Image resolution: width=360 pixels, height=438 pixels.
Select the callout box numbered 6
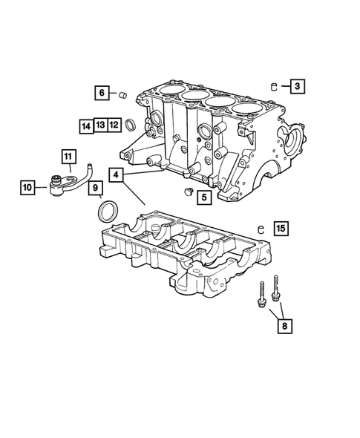point(101,93)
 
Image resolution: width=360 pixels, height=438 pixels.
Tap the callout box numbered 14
point(87,125)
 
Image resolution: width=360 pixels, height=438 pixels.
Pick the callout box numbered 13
point(100,125)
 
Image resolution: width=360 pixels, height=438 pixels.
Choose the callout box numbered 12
point(114,125)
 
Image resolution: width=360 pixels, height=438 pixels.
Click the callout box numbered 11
point(68,157)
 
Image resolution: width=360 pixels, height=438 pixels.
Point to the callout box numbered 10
point(27,189)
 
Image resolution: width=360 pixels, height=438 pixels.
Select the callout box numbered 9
point(96,189)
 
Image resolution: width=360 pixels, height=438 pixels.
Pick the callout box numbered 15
point(280,229)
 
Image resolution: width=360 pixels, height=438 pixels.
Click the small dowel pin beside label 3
point(275,84)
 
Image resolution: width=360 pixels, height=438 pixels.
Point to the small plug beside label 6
point(124,94)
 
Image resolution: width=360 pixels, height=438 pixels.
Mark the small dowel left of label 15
point(261,228)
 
